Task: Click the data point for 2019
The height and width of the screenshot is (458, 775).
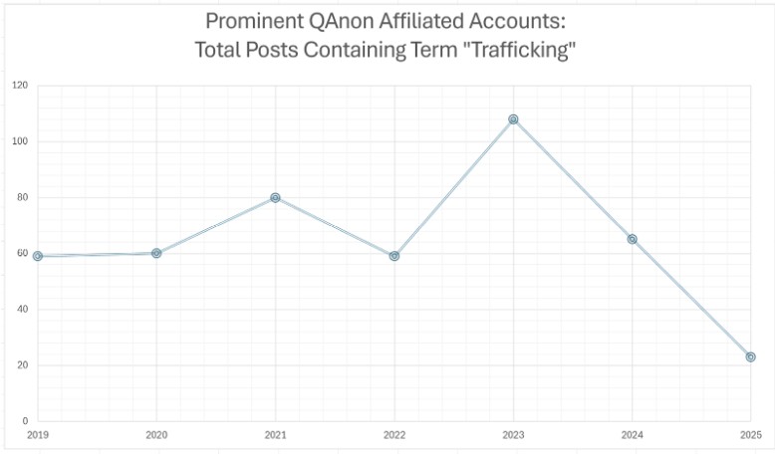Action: pyautogui.click(x=38, y=256)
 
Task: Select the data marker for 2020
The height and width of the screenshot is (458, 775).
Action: pyautogui.click(x=156, y=253)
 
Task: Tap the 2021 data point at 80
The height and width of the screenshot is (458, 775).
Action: pyautogui.click(x=275, y=197)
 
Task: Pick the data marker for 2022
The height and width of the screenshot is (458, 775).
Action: pyautogui.click(x=394, y=256)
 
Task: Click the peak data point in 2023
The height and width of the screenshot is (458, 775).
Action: pyautogui.click(x=513, y=119)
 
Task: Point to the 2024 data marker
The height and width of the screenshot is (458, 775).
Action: pyautogui.click(x=633, y=239)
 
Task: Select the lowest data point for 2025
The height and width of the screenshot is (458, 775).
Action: pyautogui.click(x=751, y=356)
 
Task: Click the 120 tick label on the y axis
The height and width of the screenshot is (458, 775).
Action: pyautogui.click(x=19, y=86)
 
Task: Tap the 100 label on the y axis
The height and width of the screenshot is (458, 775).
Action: pyautogui.click(x=19, y=141)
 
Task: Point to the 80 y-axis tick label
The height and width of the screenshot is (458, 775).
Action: pyautogui.click(x=21, y=197)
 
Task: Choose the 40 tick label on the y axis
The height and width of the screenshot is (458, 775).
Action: pyautogui.click(x=21, y=309)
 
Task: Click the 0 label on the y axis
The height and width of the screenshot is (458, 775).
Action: pyautogui.click(x=24, y=421)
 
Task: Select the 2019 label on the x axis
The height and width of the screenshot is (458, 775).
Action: pyautogui.click(x=38, y=435)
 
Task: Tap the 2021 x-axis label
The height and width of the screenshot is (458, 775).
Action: pyautogui.click(x=275, y=435)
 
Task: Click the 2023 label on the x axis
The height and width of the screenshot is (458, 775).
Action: pyautogui.click(x=513, y=435)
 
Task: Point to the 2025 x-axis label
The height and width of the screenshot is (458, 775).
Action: pyautogui.click(x=751, y=435)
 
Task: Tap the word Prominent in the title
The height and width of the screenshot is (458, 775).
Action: pyautogui.click(x=251, y=22)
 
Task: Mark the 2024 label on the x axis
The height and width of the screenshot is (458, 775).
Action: pyautogui.click(x=633, y=435)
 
